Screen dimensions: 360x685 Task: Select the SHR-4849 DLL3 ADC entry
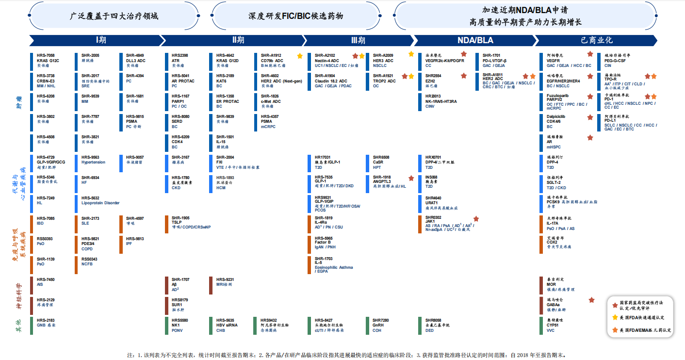135,60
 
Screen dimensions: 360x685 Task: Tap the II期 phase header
238,40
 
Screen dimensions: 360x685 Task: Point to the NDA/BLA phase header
476,40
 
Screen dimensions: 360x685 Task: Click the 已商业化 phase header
596,40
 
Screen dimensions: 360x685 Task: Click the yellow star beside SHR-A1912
300,56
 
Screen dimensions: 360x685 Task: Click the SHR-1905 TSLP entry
191,222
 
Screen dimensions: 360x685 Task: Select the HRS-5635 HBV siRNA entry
228,325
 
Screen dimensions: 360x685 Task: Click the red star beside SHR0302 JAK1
476,219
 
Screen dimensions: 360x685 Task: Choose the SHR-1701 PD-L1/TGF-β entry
500,60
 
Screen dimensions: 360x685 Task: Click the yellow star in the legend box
615,317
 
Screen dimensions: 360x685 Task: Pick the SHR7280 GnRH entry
381,325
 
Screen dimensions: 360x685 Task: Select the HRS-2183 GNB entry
46,323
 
